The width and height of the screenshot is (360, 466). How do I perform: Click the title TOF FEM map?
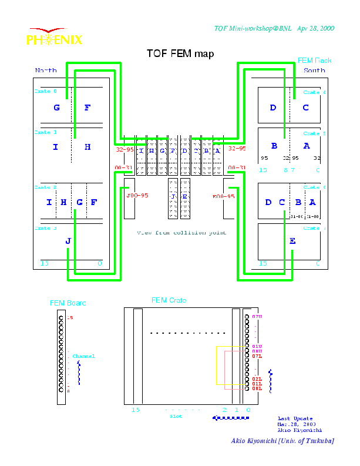(x=180, y=54)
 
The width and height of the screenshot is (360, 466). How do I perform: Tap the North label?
(x=46, y=71)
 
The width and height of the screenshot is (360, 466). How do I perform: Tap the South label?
(x=314, y=71)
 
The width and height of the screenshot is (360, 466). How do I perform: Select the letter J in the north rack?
(x=68, y=241)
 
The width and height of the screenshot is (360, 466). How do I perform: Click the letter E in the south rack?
(x=292, y=240)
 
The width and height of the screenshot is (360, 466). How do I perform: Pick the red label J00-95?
(x=136, y=196)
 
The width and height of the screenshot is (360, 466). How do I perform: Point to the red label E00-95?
(x=224, y=196)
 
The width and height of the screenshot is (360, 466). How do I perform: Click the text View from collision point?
(x=181, y=233)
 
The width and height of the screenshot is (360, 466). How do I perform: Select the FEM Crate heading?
(x=169, y=301)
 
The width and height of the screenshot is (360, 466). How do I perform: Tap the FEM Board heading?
(x=68, y=303)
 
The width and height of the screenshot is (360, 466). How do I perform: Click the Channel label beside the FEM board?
(x=83, y=356)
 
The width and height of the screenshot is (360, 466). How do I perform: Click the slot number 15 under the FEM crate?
(x=136, y=410)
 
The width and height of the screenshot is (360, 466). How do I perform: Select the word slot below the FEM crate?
(x=176, y=417)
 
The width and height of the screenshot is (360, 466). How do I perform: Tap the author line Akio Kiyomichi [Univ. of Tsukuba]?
(x=282, y=441)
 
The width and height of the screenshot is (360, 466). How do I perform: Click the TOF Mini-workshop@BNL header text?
(x=274, y=28)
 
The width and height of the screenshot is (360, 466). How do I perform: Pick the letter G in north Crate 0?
(x=56, y=108)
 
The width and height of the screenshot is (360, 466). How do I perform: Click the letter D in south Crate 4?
(x=273, y=108)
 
